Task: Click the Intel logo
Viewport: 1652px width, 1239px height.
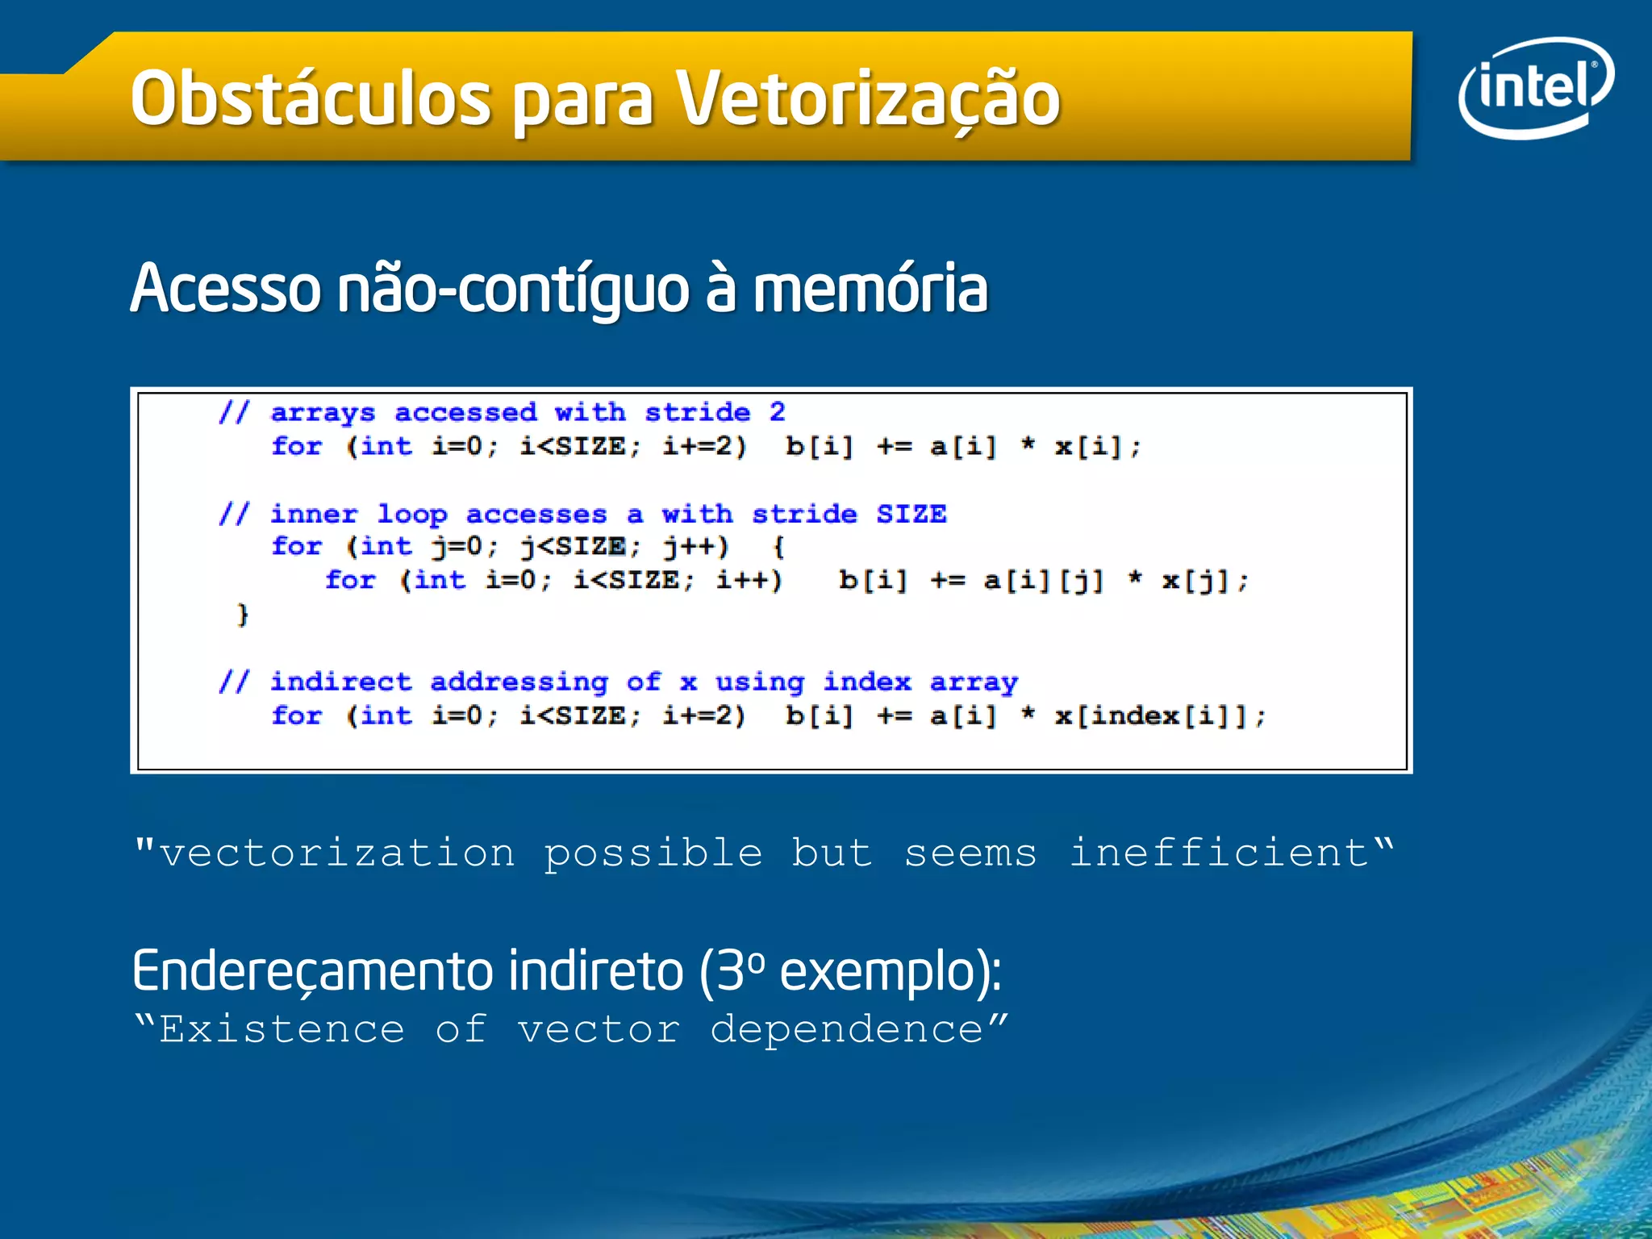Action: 1535,87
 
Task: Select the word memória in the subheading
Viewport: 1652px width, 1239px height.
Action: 870,289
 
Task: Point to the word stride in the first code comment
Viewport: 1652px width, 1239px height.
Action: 698,412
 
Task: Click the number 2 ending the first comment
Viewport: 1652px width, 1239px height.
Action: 777,412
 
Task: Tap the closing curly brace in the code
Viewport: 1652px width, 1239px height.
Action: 242,615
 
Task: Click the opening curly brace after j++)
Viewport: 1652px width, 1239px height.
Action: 778,547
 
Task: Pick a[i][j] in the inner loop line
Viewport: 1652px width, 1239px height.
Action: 1043,580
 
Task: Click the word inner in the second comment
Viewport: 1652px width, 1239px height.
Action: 314,514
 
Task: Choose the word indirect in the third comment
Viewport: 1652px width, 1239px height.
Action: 340,682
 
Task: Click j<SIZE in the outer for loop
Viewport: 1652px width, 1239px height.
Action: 573,547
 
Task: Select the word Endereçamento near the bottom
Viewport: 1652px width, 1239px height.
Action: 312,971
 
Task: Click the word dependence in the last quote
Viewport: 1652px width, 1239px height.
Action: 847,1030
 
